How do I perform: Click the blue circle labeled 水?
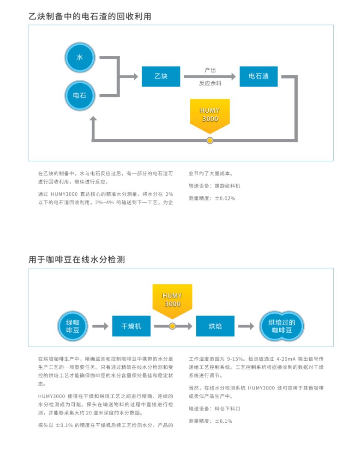(79, 57)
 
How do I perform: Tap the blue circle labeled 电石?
(79, 96)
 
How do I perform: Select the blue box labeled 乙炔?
(161, 76)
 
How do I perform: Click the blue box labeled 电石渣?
(258, 76)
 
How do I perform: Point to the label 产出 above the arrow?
(210, 70)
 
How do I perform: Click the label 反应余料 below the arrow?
(210, 83)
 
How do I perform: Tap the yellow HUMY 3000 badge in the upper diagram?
(210, 115)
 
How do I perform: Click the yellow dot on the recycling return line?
(210, 140)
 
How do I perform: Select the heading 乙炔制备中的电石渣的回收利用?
(90, 16)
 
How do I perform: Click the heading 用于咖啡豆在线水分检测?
(77, 260)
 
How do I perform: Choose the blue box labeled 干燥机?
(131, 326)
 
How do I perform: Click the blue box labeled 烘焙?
(215, 326)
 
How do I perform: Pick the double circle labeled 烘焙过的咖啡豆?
(282, 326)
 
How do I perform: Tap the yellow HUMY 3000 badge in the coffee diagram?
(172, 300)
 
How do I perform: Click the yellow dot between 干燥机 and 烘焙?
(172, 326)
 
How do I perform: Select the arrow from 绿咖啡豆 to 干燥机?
(100, 326)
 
